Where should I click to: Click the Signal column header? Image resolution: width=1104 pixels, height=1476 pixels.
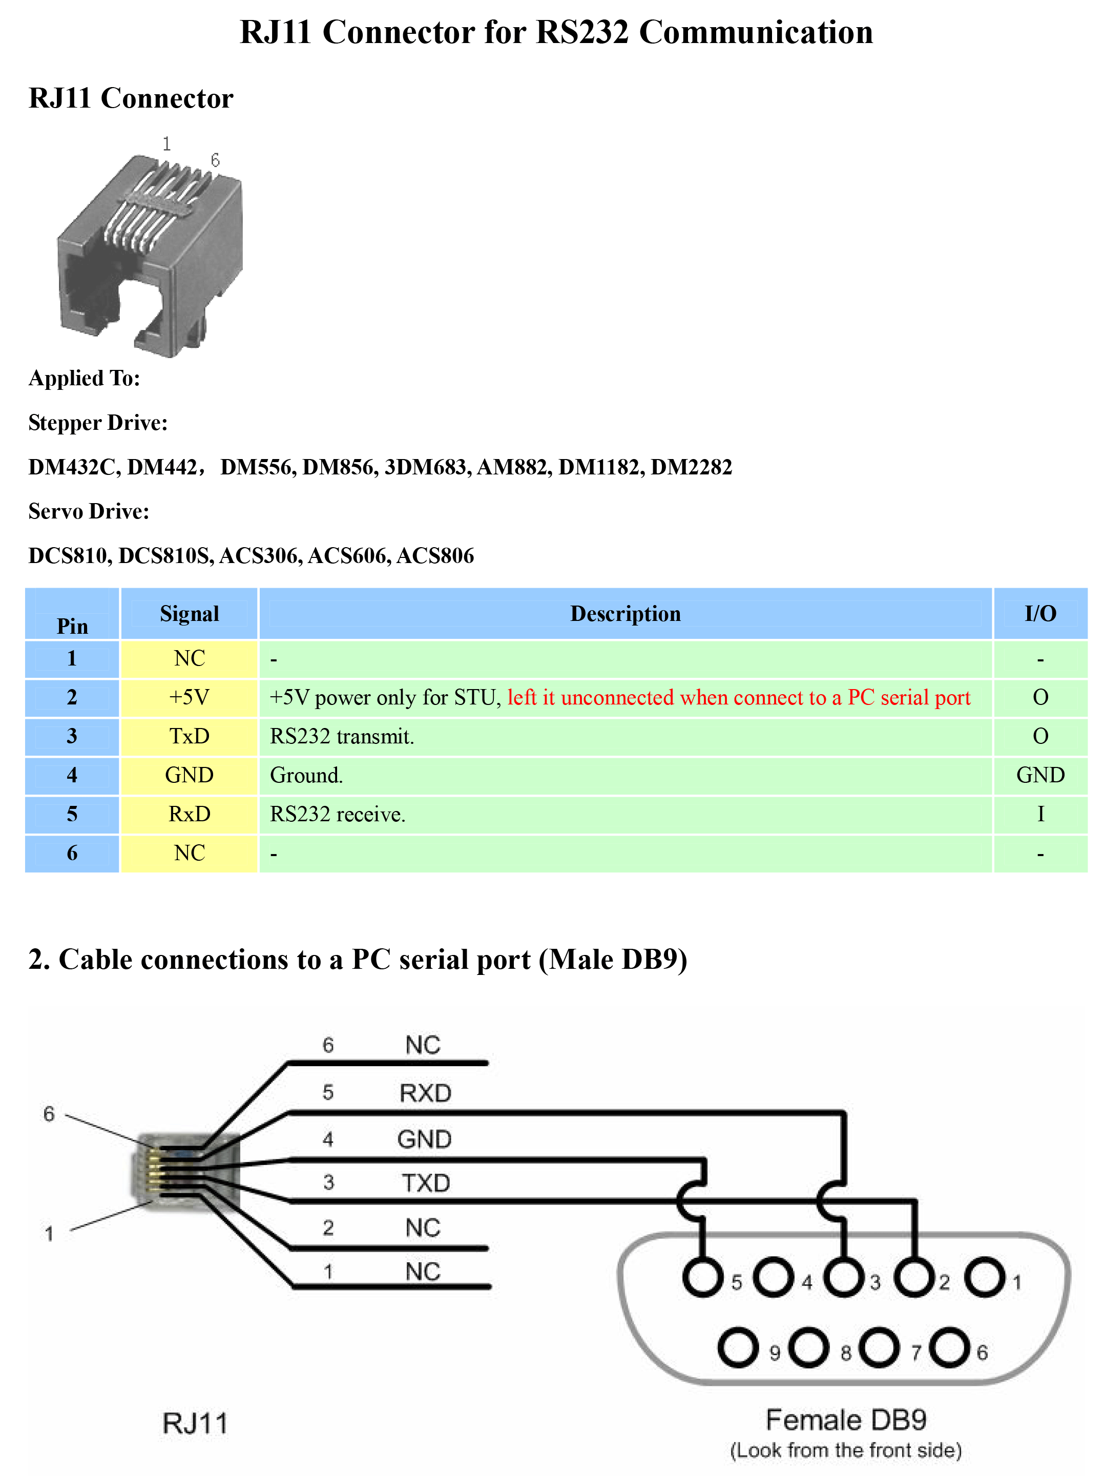tap(190, 614)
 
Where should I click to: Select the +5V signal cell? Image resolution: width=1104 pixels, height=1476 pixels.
tap(190, 698)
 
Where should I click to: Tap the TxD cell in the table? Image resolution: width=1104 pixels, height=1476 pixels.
tap(190, 737)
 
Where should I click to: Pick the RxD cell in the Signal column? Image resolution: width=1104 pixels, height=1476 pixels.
tap(190, 814)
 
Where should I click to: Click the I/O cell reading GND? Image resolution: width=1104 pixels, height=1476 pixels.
tap(1040, 775)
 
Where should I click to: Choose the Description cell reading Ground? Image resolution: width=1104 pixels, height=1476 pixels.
tap(306, 775)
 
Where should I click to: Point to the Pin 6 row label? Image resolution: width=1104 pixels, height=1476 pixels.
tap(72, 854)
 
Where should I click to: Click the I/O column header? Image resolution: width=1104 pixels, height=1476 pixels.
tap(1040, 614)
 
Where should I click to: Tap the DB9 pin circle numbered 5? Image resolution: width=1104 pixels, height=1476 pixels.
tap(702, 1277)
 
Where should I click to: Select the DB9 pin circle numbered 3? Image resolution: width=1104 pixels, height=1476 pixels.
tap(844, 1277)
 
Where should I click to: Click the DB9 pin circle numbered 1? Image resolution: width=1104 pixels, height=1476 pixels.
tap(985, 1277)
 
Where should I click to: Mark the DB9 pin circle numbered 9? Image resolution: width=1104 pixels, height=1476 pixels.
tap(738, 1348)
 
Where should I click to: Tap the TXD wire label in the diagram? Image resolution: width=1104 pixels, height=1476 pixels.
tap(426, 1183)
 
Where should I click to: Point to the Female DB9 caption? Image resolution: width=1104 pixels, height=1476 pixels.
tap(846, 1420)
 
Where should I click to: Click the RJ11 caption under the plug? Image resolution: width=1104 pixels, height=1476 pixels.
tap(195, 1423)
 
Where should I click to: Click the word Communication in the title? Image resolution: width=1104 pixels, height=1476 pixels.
tap(756, 32)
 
